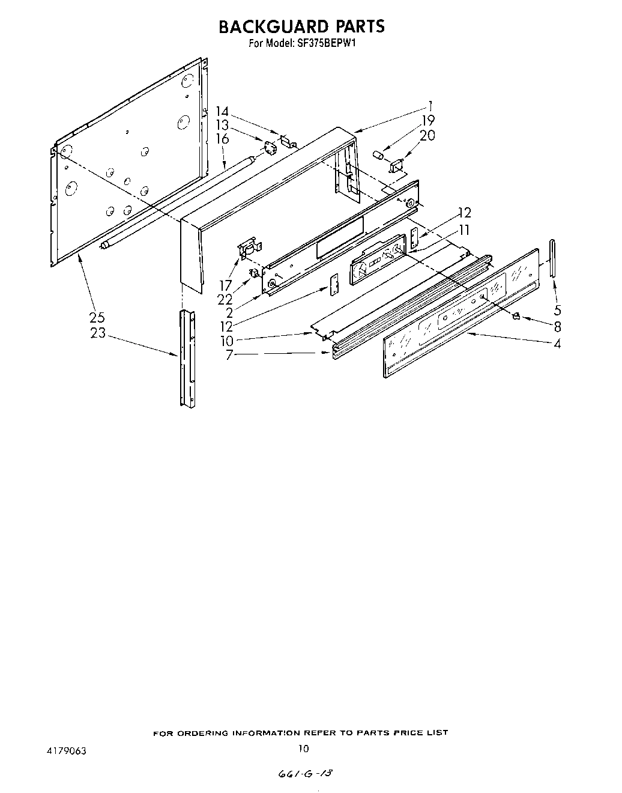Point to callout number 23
point(97,332)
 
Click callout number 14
point(223,111)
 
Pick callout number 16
point(223,139)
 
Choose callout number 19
point(427,120)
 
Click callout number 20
point(427,136)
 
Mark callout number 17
point(225,285)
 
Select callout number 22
point(225,299)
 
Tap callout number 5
point(557,311)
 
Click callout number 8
point(557,327)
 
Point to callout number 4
point(557,344)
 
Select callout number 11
point(464,229)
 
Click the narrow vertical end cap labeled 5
point(552,258)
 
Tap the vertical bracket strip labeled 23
point(187,358)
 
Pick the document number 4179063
point(64,751)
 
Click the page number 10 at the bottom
point(304,749)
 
